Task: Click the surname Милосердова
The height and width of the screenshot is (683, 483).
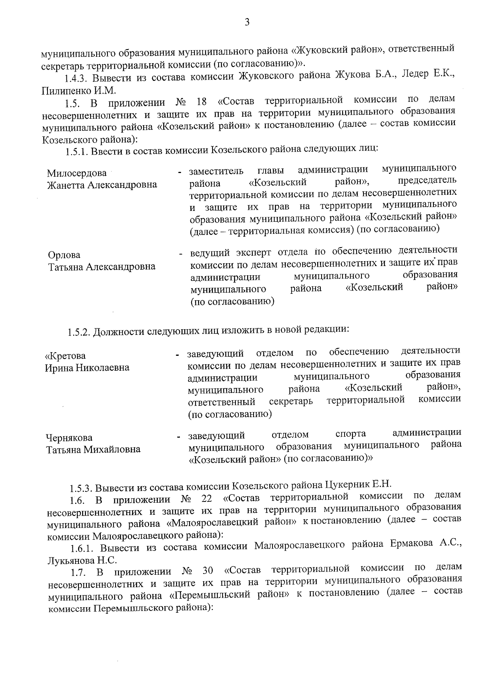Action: [76, 173]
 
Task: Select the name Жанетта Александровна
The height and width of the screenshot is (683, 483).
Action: [102, 185]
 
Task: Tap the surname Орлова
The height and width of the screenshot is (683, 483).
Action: [64, 255]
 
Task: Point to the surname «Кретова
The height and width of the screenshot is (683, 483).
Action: [66, 356]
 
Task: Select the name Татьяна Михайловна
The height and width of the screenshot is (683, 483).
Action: [93, 449]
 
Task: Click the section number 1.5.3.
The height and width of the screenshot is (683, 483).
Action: [79, 489]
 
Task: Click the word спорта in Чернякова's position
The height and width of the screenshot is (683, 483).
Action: [351, 434]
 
